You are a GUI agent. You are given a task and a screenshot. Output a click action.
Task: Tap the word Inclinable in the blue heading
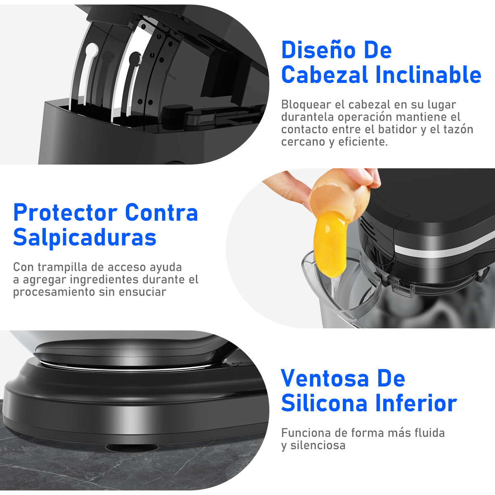tap(428, 75)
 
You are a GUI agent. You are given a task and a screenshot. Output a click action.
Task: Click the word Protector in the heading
tap(65, 212)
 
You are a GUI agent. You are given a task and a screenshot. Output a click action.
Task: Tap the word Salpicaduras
tap(85, 237)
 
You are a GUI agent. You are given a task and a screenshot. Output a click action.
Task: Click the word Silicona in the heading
tap(325, 403)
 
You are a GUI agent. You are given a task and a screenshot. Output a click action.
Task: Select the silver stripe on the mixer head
tap(444, 250)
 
